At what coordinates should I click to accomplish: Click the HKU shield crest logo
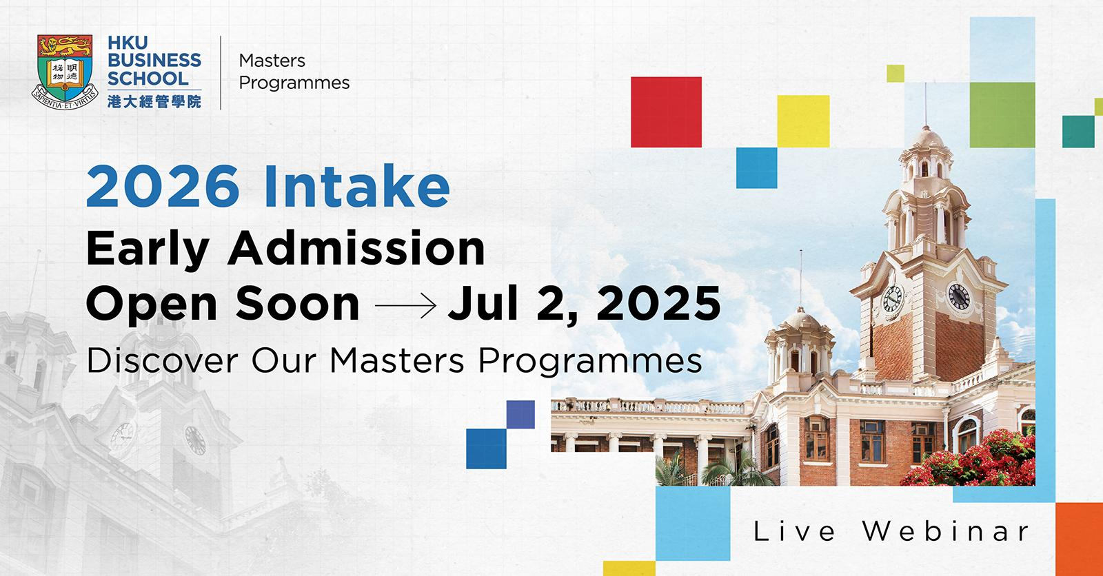click(65, 72)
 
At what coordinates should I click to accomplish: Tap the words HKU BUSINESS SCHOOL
click(154, 61)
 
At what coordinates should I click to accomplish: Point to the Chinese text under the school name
click(154, 101)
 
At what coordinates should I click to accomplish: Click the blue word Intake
click(357, 185)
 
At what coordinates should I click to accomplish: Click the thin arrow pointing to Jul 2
click(406, 305)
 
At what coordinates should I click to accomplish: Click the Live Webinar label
click(891, 531)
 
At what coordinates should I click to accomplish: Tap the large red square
click(666, 112)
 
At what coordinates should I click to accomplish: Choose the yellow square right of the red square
click(803, 121)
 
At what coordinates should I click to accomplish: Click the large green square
click(1002, 114)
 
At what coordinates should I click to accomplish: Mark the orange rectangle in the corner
click(1080, 539)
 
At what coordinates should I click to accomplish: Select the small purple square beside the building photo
click(520, 415)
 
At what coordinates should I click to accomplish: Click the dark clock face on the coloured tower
click(958, 297)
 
